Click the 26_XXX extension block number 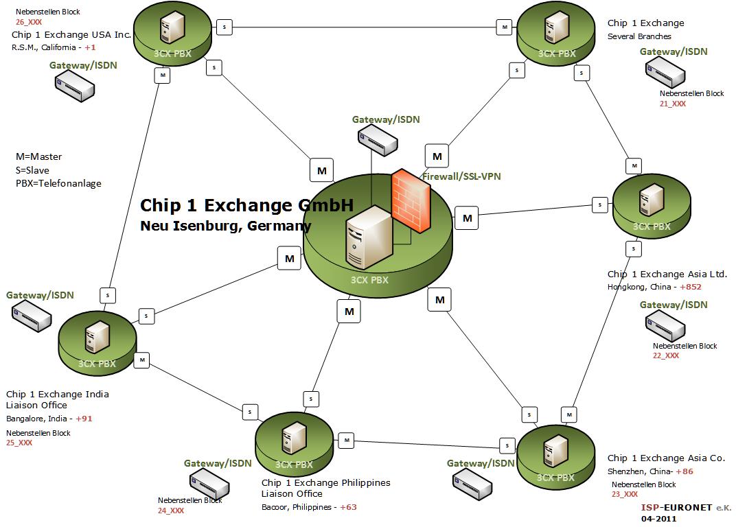pyautogui.click(x=24, y=23)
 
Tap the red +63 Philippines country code pyautogui.click(x=348, y=507)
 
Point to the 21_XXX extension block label pyautogui.click(x=673, y=104)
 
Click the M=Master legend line pyautogui.click(x=38, y=156)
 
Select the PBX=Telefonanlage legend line pyautogui.click(x=58, y=183)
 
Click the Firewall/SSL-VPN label pyautogui.click(x=461, y=176)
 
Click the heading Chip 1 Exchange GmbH pyautogui.click(x=246, y=205)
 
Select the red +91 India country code pyautogui.click(x=84, y=419)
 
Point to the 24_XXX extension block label pyautogui.click(x=171, y=511)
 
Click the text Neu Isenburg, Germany pyautogui.click(x=225, y=226)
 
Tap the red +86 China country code pyautogui.click(x=685, y=471)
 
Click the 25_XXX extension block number pyautogui.click(x=19, y=443)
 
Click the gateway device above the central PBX pyautogui.click(x=377, y=141)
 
